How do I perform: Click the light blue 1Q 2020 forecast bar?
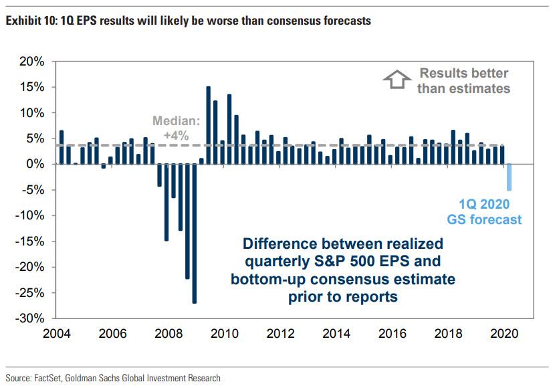(509, 177)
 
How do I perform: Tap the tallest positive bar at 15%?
(209, 125)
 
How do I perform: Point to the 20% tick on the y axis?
(32, 62)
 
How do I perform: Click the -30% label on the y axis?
(30, 318)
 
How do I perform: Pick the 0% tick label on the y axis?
(36, 164)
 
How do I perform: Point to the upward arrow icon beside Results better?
(395, 80)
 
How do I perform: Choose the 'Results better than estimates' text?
(463, 80)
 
